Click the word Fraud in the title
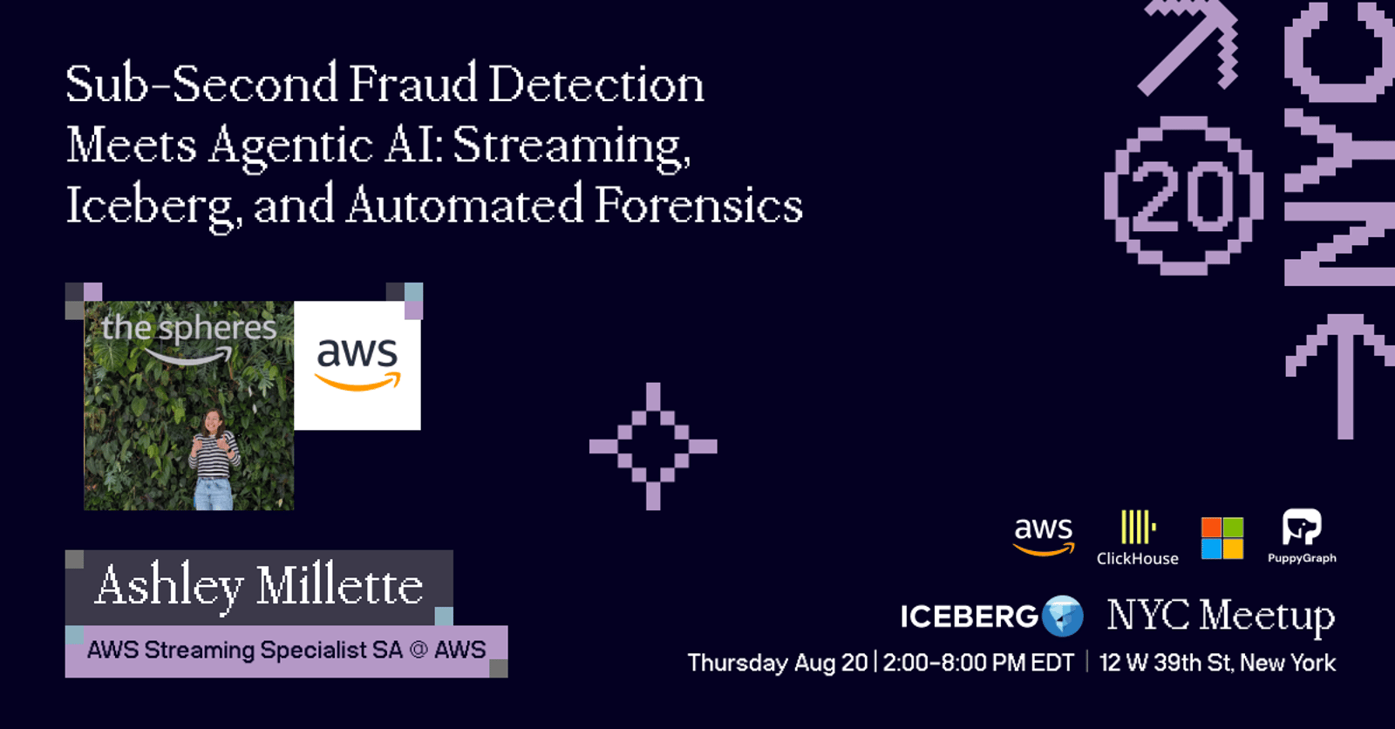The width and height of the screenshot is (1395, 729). pyautogui.click(x=412, y=84)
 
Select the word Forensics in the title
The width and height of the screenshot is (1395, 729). pyautogui.click(x=698, y=205)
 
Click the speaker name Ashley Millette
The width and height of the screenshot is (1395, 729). pyautogui.click(x=259, y=587)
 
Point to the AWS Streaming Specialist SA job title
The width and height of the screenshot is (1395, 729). pyautogui.click(x=286, y=650)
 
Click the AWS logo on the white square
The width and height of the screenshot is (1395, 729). pyautogui.click(x=357, y=364)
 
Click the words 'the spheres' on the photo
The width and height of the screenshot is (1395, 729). pyautogui.click(x=188, y=329)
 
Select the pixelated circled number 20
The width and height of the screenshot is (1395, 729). pyautogui.click(x=1183, y=195)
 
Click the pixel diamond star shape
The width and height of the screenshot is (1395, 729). pyautogui.click(x=653, y=446)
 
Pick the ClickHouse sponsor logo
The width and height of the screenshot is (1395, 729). pyautogui.click(x=1137, y=538)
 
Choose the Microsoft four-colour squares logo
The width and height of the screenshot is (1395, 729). pyautogui.click(x=1221, y=538)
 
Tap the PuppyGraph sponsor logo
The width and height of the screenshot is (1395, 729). pyautogui.click(x=1302, y=536)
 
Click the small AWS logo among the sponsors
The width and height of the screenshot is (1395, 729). pyautogui.click(x=1044, y=536)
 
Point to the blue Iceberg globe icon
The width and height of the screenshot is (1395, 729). pyautogui.click(x=1063, y=617)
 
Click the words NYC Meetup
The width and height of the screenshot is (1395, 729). pyautogui.click(x=1221, y=617)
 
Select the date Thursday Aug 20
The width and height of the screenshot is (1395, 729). pyautogui.click(x=777, y=663)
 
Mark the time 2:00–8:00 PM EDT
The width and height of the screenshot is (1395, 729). pyautogui.click(x=978, y=663)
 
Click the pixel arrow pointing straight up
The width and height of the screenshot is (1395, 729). pyautogui.click(x=1345, y=377)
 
